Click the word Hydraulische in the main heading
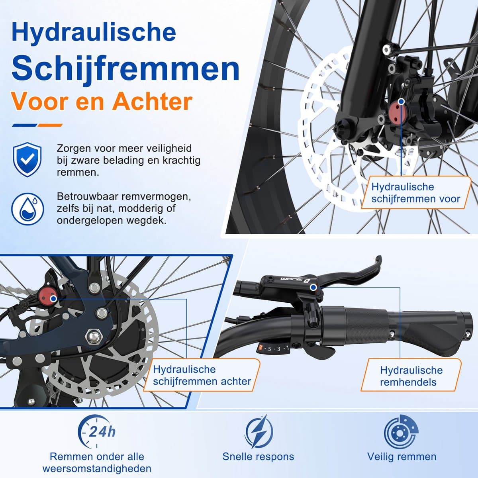click(x=94, y=32)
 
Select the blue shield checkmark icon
click(x=27, y=159)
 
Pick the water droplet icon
click(x=27, y=209)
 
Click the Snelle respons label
click(x=258, y=456)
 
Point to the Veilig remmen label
click(x=402, y=456)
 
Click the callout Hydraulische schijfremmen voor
click(x=416, y=193)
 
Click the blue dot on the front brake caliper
click(x=401, y=101)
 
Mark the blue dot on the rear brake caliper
click(x=53, y=298)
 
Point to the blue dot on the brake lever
click(x=313, y=287)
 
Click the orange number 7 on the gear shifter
click(x=261, y=347)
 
